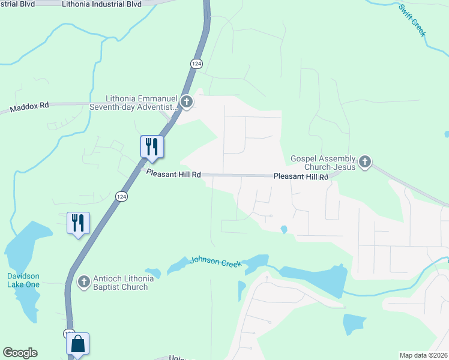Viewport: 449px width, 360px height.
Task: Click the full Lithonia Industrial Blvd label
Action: [x=101, y=4]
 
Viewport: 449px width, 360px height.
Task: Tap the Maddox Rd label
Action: [x=29, y=108]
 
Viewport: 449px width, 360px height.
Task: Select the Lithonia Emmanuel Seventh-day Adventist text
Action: [x=142, y=103]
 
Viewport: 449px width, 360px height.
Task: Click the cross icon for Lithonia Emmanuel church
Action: [x=187, y=102]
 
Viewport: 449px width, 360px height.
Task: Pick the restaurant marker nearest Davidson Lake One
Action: [x=78, y=223]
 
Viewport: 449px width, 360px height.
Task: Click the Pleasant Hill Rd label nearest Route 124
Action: [x=173, y=173]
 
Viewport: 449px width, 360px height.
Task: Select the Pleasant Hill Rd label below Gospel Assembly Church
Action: [x=301, y=177]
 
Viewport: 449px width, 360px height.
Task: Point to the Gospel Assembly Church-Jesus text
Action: [x=323, y=162]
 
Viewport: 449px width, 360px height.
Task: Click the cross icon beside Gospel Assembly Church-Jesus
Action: [x=365, y=161]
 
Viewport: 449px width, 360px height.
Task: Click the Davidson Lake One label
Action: [x=23, y=280]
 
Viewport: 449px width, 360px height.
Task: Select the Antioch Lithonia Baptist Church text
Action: [x=120, y=283]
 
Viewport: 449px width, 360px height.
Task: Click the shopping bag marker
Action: [x=77, y=344]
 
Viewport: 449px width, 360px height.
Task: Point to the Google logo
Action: [x=20, y=353]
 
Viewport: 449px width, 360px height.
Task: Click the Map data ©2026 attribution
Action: [x=423, y=355]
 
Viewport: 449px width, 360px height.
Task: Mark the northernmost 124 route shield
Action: [x=196, y=64]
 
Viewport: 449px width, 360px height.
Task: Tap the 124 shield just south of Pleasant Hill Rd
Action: [x=122, y=196]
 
